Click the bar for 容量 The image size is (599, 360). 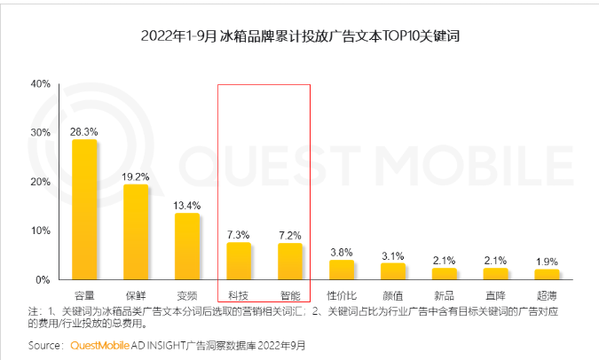(84, 210)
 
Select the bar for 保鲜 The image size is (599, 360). (136, 232)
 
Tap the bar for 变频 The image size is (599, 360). (187, 247)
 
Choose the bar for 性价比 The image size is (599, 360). (342, 270)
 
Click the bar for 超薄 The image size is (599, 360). (547, 274)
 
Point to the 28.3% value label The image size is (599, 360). (84, 132)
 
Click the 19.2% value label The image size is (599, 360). (136, 176)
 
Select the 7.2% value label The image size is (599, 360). (290, 235)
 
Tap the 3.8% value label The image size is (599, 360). (342, 252)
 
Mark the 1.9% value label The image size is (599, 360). (547, 261)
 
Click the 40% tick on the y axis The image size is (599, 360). (40, 84)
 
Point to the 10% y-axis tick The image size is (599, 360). (40, 231)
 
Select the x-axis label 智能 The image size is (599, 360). (290, 293)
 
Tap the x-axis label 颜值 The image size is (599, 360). (393, 293)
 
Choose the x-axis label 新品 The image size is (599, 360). (445, 293)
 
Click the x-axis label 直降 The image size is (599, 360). (496, 293)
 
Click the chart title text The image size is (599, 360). (299, 36)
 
